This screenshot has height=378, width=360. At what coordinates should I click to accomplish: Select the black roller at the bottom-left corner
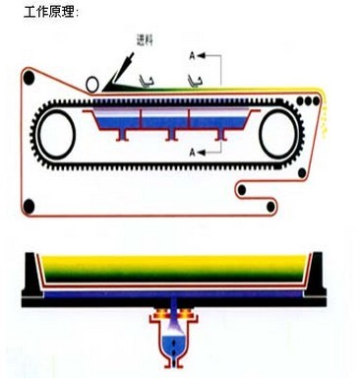pos(30,207)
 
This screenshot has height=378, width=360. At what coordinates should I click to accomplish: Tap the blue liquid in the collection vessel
pos(176,345)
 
